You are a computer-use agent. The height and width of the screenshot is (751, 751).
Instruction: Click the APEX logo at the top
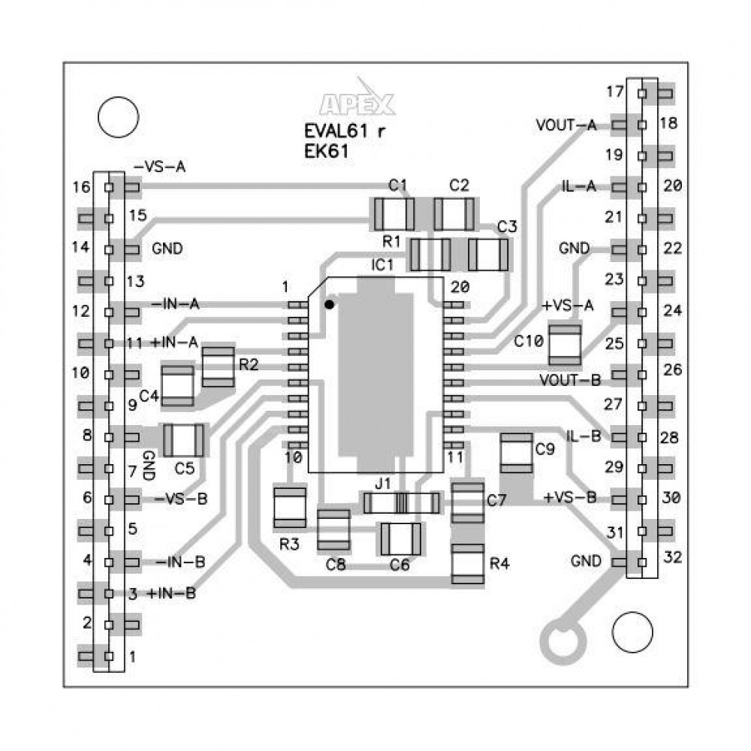[x=357, y=103]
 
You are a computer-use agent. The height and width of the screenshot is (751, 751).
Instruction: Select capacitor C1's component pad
[x=394, y=215]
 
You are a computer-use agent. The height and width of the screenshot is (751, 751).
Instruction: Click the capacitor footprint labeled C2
[x=454, y=215]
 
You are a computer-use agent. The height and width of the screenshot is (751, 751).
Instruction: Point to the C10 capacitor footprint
[x=565, y=343]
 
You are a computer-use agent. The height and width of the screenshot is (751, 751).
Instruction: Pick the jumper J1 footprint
[x=401, y=502]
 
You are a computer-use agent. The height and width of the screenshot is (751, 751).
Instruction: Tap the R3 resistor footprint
[x=290, y=508]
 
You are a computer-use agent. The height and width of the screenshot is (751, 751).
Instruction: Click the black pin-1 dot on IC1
[x=329, y=304]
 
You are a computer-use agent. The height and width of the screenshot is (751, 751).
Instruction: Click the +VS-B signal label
[x=570, y=497]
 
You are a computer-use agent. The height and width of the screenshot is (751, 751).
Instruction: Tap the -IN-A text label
[x=176, y=304]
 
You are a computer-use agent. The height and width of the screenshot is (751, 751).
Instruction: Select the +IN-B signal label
[x=172, y=593]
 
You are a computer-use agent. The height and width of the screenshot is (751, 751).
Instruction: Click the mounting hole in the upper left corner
[x=118, y=118]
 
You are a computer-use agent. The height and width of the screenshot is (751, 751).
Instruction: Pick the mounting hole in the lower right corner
[x=632, y=632]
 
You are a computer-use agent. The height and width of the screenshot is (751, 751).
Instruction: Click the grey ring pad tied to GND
[x=565, y=640]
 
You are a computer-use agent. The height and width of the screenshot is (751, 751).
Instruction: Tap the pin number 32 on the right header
[x=674, y=558]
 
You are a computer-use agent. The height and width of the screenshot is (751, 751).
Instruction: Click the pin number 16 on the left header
[x=81, y=186]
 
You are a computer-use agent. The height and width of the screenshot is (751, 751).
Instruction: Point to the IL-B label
[x=583, y=436]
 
